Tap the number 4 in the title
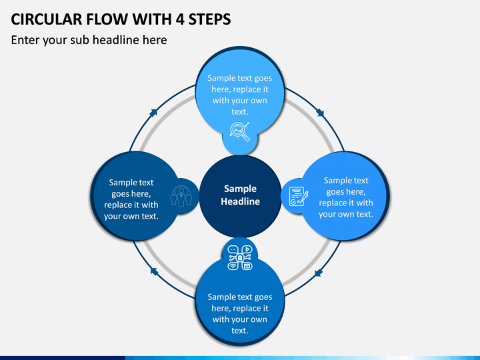(x=180, y=19)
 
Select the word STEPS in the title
(x=210, y=19)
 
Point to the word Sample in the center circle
(x=240, y=189)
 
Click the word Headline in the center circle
(x=240, y=201)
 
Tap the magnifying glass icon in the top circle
(x=240, y=132)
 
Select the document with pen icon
(x=299, y=196)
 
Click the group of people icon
(x=181, y=197)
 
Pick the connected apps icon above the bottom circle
(x=240, y=258)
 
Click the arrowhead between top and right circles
(x=320, y=113)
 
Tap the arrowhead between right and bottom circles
(x=319, y=273)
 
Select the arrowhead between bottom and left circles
(x=154, y=271)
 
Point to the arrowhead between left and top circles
(x=153, y=113)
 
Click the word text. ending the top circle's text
(x=240, y=112)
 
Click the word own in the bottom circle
(x=259, y=319)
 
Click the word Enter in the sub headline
(x=25, y=40)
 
